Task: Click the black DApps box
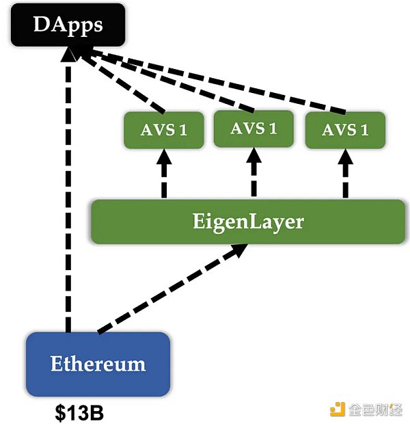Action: click(67, 26)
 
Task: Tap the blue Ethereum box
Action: click(98, 363)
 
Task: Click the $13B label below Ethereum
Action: click(79, 413)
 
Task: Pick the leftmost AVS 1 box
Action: click(163, 130)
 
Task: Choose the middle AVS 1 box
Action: click(254, 129)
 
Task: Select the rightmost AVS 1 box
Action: click(344, 130)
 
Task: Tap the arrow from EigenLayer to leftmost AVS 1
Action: click(163, 174)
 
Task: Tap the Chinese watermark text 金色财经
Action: click(375, 409)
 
